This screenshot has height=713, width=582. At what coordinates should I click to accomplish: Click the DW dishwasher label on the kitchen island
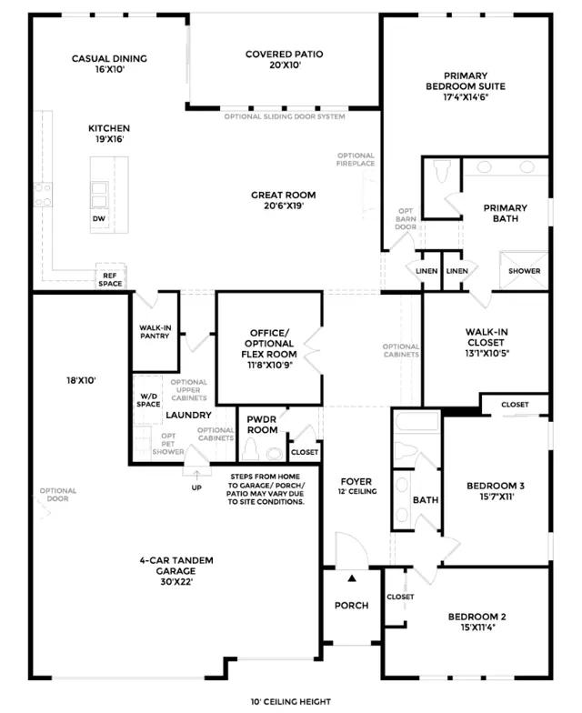98,218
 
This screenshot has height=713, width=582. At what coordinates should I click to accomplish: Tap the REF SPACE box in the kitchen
110,276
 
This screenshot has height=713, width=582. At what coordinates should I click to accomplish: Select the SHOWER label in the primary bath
524,271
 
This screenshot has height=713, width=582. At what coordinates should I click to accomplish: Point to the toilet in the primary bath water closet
442,171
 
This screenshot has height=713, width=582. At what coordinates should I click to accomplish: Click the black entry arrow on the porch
352,578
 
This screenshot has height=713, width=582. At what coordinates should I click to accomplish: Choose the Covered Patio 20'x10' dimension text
286,65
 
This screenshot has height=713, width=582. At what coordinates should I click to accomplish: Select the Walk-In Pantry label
155,331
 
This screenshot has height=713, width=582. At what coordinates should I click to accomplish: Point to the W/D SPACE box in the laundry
148,400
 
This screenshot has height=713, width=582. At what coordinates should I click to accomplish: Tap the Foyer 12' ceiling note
357,491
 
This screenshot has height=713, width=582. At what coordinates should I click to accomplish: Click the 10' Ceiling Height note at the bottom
291,702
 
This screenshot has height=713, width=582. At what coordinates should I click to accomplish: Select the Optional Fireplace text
356,159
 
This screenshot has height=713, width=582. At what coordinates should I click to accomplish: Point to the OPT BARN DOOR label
406,218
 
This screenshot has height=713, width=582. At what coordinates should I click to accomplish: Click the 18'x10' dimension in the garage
81,380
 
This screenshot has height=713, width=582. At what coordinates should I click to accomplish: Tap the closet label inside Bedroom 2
400,597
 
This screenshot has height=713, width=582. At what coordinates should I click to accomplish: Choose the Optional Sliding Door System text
285,116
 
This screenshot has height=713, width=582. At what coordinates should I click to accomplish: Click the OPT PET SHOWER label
168,444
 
